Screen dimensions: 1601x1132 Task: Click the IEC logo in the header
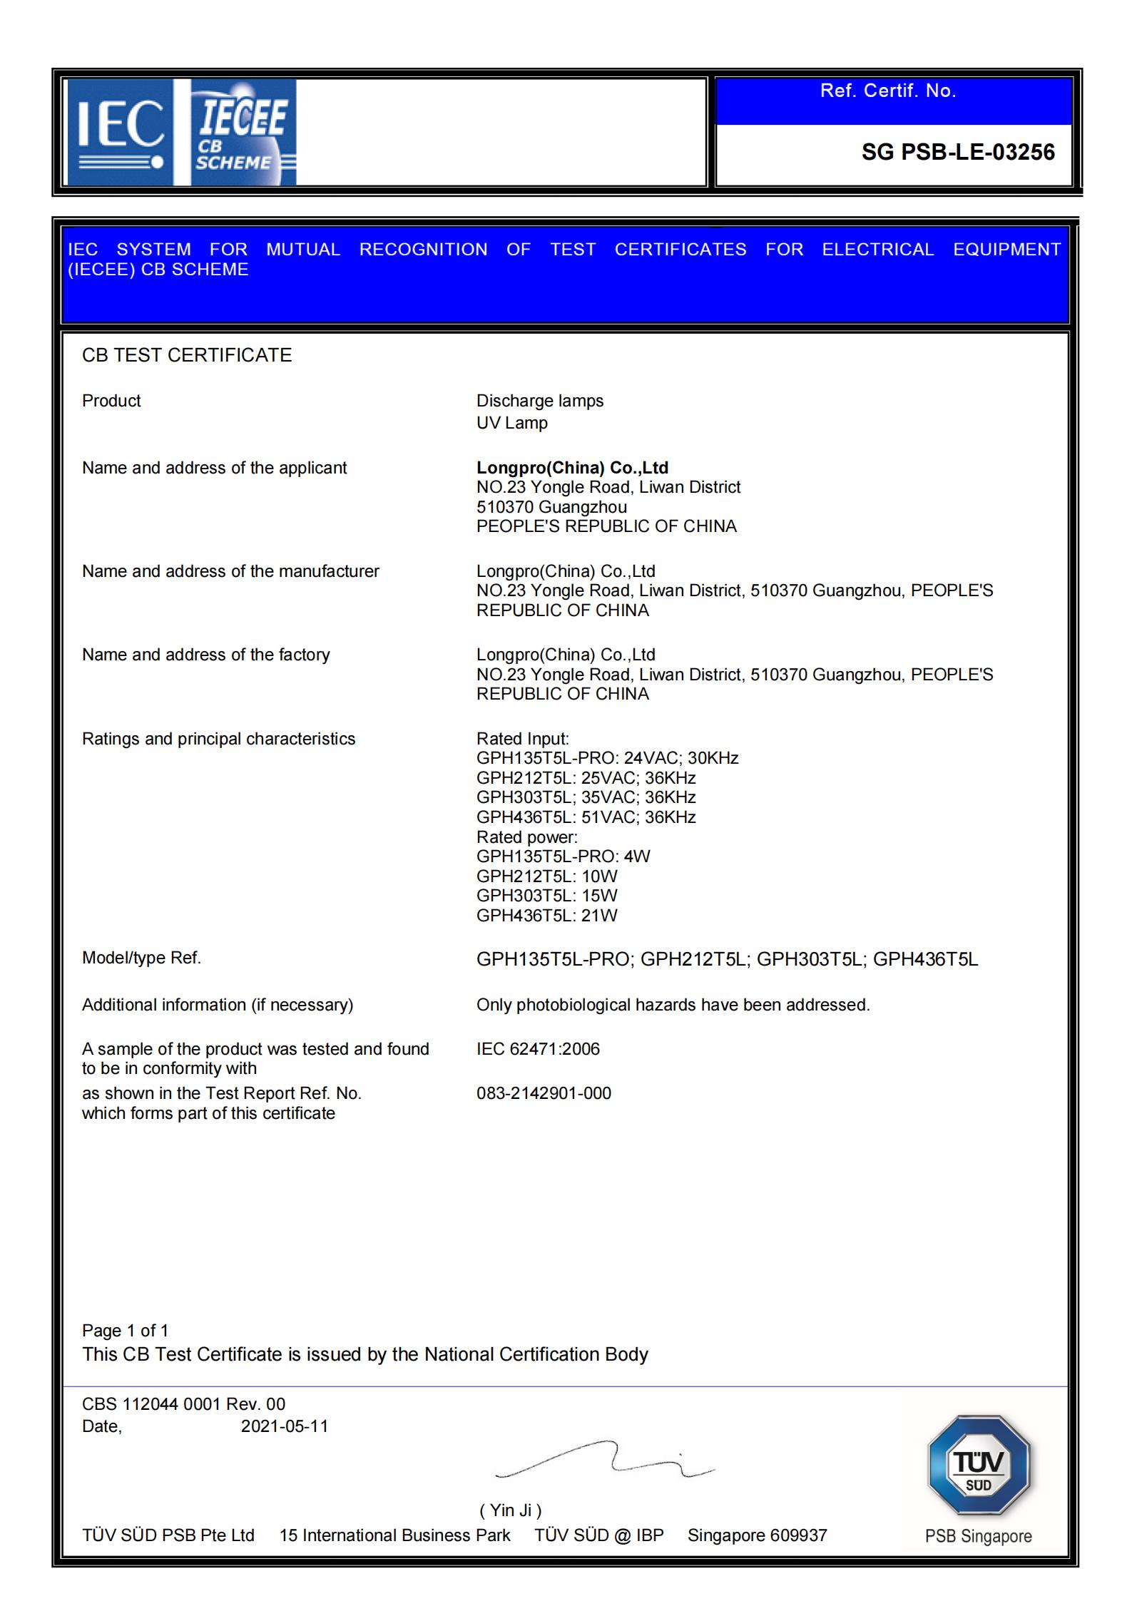[x=120, y=133]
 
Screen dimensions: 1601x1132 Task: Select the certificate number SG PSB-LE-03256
[x=957, y=153]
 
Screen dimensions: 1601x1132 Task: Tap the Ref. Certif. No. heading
[x=887, y=91]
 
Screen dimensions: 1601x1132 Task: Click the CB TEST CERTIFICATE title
[x=187, y=355]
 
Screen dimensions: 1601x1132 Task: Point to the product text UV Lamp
[x=511, y=423]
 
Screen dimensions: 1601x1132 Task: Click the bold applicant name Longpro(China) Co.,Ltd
[x=572, y=468]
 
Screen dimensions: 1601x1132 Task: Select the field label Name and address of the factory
[x=205, y=655]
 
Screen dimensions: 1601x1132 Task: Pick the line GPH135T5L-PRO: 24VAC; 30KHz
[x=607, y=758]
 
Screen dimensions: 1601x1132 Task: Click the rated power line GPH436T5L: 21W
[x=546, y=916]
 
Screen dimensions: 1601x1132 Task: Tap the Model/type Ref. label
[x=141, y=958]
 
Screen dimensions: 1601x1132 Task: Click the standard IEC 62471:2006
[x=538, y=1049]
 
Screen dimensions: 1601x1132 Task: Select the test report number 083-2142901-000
[x=544, y=1093]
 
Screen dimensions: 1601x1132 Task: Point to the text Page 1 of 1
[x=125, y=1331]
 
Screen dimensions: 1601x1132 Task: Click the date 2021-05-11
[x=285, y=1426]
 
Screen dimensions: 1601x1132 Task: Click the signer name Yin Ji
[x=511, y=1510]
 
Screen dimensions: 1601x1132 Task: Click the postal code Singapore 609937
[x=757, y=1535]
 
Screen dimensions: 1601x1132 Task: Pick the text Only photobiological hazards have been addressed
[x=673, y=1005]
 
